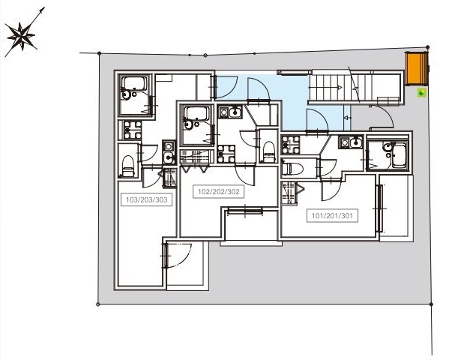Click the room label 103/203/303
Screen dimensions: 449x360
point(146,199)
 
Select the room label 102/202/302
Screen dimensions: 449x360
point(218,191)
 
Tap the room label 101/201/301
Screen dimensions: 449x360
point(332,215)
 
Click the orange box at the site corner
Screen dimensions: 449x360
point(417,68)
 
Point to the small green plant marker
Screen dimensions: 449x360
point(421,93)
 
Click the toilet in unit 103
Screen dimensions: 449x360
point(128,166)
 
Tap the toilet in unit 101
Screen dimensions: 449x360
point(292,169)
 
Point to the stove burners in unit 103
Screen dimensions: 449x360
point(133,130)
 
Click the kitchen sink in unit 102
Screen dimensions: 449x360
point(235,112)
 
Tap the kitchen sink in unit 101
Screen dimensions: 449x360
point(356,142)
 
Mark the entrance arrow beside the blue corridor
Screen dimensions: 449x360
point(347,118)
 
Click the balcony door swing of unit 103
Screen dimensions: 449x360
point(178,255)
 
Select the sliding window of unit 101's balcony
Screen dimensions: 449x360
point(379,208)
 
